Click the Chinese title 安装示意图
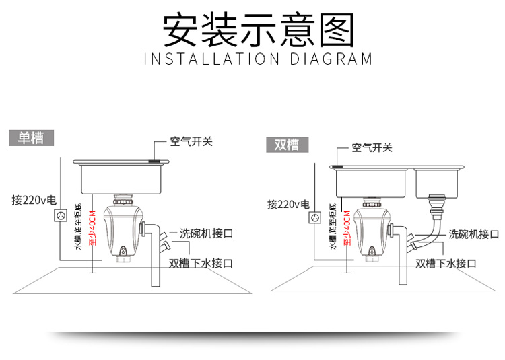coord(259,30)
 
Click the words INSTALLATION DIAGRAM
coord(258,59)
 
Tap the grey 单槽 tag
coord(31,138)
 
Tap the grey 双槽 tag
coord(288,145)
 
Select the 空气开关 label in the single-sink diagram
coord(191,141)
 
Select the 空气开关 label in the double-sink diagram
coord(372,147)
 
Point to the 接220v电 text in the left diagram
coord(34,200)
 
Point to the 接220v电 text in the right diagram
coord(288,204)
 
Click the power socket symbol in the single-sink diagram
coord(60,215)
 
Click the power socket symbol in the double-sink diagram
coord(315,217)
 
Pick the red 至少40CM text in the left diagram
coord(92,227)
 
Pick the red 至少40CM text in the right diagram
coord(347,227)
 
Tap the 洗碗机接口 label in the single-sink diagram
coord(206,233)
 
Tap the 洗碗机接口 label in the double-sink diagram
coord(474,234)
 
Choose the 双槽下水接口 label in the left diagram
coord(201,264)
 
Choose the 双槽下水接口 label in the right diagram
coord(446,264)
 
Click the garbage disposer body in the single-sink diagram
coord(123,228)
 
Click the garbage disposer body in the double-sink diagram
coord(372,228)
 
